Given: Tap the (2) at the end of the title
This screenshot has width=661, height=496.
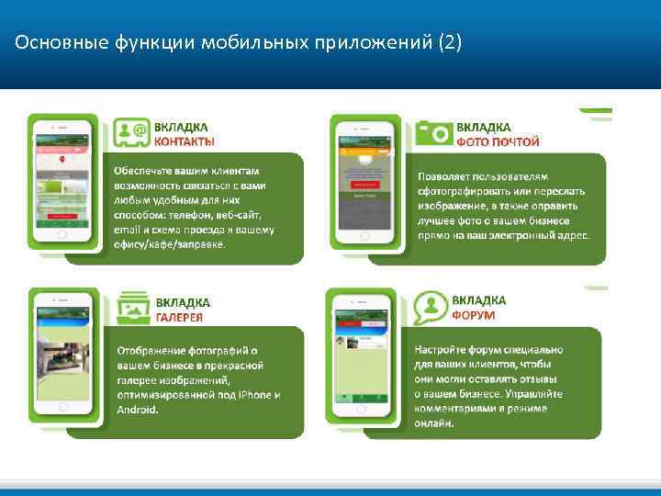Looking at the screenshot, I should click(x=454, y=42).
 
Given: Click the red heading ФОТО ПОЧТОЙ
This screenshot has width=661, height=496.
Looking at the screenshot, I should click(x=498, y=142).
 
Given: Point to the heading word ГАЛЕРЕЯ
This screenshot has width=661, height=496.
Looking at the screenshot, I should click(x=178, y=317).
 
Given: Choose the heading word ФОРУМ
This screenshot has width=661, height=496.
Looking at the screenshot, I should click(x=473, y=314).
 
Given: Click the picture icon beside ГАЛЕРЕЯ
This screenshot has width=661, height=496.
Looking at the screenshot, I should click(x=129, y=308).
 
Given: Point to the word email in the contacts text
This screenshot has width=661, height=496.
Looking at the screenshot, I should click(x=129, y=230).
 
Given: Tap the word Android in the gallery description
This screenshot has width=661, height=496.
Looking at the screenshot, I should click(x=138, y=410).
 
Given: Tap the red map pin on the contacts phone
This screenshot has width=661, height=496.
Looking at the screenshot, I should click(x=61, y=160).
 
